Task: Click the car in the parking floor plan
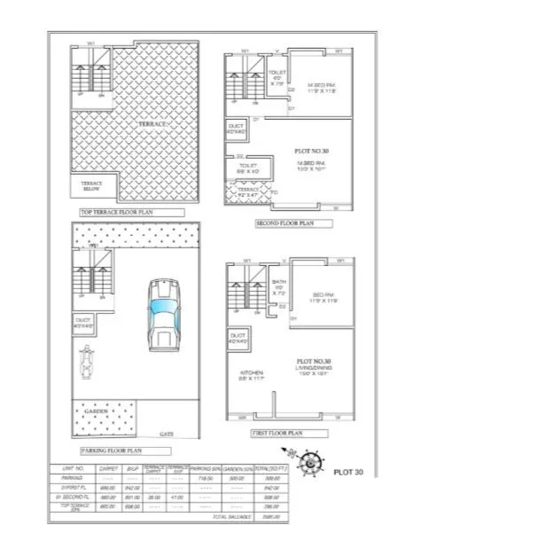[x=165, y=316]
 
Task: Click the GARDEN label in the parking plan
[x=97, y=412]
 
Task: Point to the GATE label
[x=165, y=435]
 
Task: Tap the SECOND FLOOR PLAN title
[x=285, y=223]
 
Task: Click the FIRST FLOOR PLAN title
[x=278, y=433]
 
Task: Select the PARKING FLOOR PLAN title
[x=107, y=450]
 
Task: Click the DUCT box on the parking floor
[x=84, y=322]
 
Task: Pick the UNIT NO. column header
[x=73, y=467]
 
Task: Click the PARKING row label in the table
[x=73, y=477]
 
